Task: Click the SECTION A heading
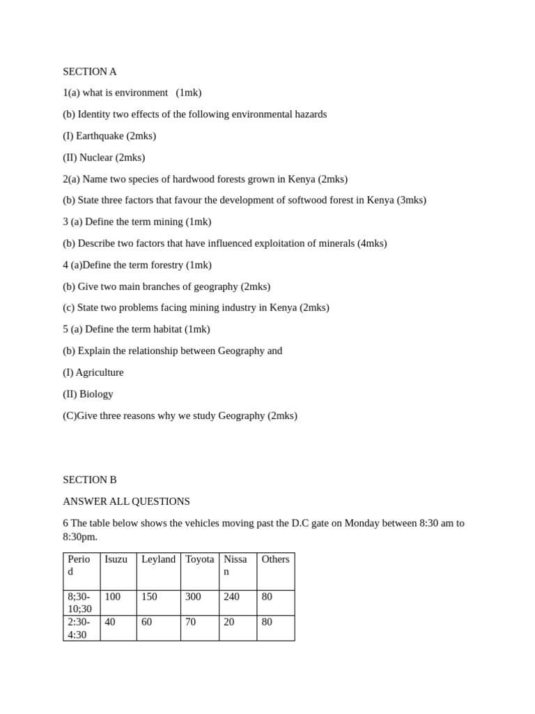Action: (90, 71)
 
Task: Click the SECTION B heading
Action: (90, 480)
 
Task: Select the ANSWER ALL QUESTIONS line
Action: (126, 501)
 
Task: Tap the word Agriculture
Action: (100, 372)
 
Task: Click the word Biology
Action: (96, 394)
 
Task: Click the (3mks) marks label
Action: (411, 200)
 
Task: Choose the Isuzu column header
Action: (116, 559)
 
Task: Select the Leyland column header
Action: (158, 559)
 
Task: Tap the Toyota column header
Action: (199, 559)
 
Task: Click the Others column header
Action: (275, 559)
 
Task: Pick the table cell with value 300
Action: (193, 597)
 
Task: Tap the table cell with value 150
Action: (150, 597)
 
